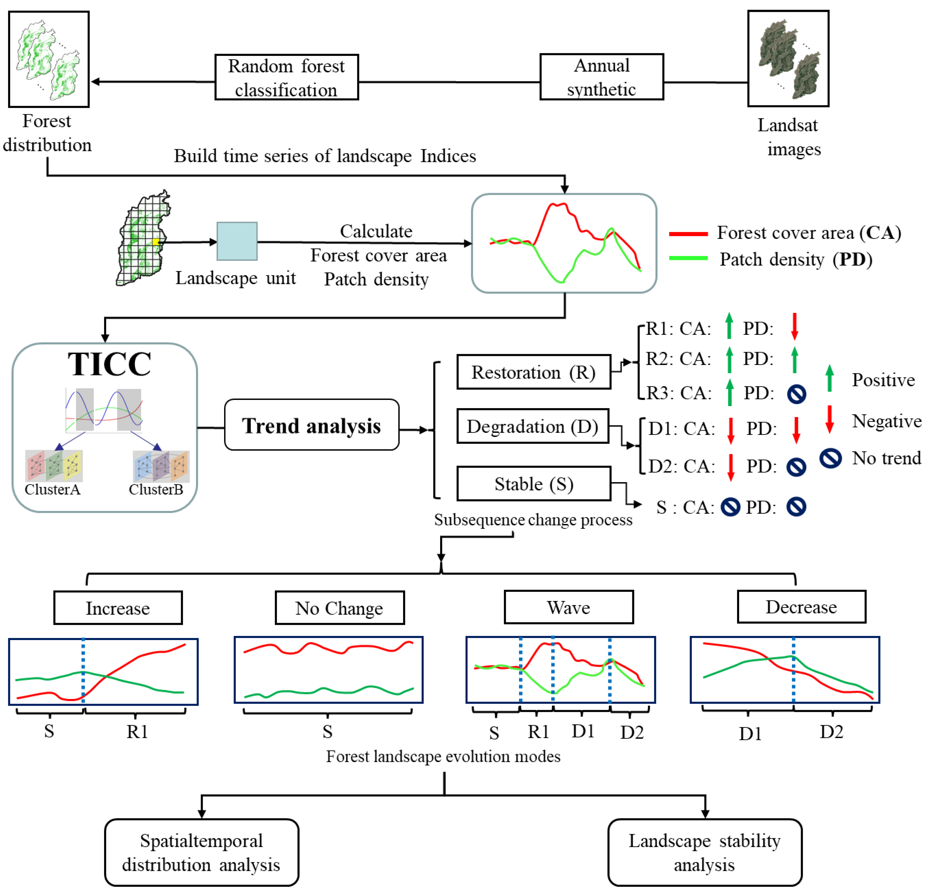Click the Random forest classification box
tap(287, 77)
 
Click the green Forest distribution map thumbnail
tap(49, 59)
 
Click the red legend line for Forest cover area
tap(688, 234)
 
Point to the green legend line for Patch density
tap(688, 258)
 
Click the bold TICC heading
tap(109, 364)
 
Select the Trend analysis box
tap(311, 425)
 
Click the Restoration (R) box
tap(533, 372)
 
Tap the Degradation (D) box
tap(532, 426)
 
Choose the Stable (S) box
tap(533, 484)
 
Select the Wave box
tap(568, 607)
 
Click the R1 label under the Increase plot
tap(137, 732)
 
